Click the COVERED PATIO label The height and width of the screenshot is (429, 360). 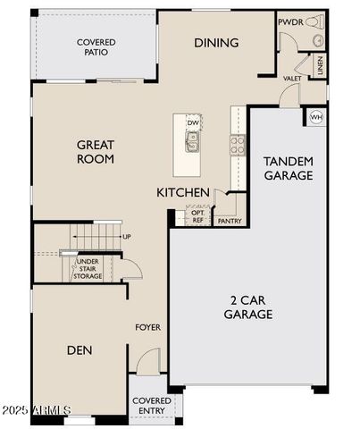(x=96, y=47)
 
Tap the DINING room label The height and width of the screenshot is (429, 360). (x=216, y=43)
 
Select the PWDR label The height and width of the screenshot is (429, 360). (x=289, y=22)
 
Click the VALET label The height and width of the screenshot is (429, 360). (x=291, y=79)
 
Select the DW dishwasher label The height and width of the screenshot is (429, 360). (x=193, y=123)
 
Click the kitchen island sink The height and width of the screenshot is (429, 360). (x=193, y=140)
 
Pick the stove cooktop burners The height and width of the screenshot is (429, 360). (x=238, y=145)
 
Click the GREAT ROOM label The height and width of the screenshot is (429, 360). (x=96, y=151)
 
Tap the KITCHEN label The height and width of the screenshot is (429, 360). (x=183, y=193)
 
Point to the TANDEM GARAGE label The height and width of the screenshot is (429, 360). (x=288, y=168)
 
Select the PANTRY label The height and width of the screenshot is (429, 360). (x=230, y=221)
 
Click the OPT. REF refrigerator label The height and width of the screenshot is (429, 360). (x=197, y=216)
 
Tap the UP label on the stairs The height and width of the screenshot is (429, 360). (x=127, y=237)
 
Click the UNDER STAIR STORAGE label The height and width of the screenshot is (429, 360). (x=88, y=269)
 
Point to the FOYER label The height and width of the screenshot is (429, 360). (x=147, y=327)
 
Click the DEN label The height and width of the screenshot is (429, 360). (x=80, y=349)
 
